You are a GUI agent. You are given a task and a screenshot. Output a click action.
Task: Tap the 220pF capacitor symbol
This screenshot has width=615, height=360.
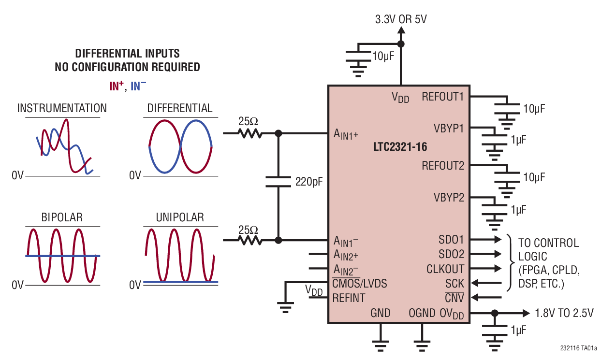pos(278,182)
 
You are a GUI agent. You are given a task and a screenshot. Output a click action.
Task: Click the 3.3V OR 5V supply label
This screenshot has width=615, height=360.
pos(401,20)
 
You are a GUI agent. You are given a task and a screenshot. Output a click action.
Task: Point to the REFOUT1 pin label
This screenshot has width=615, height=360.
pos(442,97)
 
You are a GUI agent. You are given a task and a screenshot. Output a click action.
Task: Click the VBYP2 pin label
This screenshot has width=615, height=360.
pos(449,198)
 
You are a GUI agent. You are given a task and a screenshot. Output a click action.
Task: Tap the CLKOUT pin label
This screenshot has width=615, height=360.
pos(445,269)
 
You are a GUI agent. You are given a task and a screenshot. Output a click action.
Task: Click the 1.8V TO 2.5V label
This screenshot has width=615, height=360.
pos(564,313)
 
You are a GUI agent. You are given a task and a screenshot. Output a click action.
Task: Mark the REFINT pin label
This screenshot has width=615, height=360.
pos(349,298)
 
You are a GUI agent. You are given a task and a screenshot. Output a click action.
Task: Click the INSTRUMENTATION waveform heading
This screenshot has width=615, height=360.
pos(62,108)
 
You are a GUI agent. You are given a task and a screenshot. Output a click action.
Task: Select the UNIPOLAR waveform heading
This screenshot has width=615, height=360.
pos(180,217)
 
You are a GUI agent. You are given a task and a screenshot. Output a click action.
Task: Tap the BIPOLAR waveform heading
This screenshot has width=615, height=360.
pos(62,217)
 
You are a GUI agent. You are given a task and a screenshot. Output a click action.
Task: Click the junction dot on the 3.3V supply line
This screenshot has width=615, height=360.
pos(401,44)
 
